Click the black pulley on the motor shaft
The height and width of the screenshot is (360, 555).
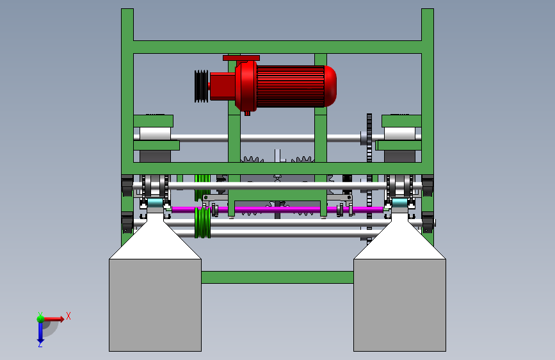click(x=202, y=86)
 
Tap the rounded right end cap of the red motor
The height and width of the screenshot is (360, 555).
click(x=330, y=86)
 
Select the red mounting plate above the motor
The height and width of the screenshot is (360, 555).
click(x=241, y=58)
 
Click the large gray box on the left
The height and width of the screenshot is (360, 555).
click(x=155, y=305)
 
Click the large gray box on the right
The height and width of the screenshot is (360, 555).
click(x=399, y=305)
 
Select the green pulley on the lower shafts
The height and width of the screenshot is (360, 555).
click(x=202, y=223)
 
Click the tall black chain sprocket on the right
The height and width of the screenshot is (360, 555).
click(x=369, y=177)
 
